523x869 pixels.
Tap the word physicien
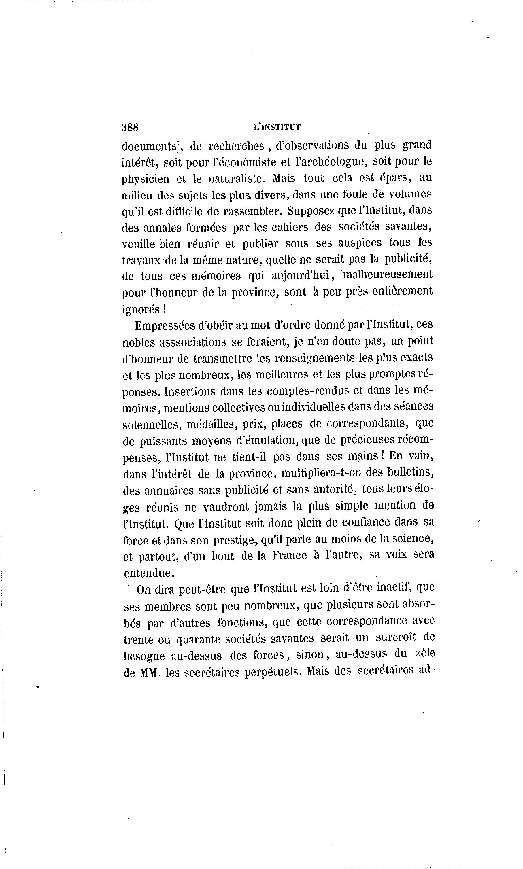[145, 179]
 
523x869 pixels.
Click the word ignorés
[141, 309]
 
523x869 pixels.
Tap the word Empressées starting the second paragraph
[165, 325]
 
